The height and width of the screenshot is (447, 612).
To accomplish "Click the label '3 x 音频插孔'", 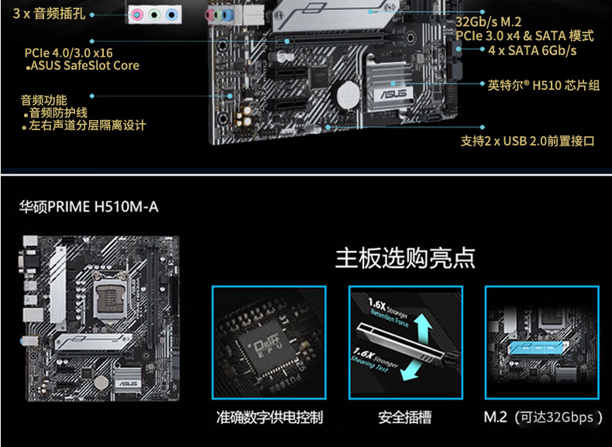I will point(48,15).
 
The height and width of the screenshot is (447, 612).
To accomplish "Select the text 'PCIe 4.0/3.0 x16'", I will point(68,53).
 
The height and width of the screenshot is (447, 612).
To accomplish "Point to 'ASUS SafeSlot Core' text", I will point(84,66).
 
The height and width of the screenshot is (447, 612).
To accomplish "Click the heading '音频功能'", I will point(43,100).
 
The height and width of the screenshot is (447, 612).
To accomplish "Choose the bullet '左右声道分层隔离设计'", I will point(87,126).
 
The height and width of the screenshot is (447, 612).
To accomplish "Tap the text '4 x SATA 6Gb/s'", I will point(532,50).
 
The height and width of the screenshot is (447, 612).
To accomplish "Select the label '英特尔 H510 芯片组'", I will point(544,85).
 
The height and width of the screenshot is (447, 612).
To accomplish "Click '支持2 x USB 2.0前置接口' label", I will point(528,141).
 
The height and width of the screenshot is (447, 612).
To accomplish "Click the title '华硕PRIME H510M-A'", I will point(88,207).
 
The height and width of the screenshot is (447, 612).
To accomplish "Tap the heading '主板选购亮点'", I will point(404,258).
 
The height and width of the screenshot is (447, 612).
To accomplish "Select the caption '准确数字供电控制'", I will point(269,418).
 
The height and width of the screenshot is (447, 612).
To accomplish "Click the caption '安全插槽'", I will point(404,418).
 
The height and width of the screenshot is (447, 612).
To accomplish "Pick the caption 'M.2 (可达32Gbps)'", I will point(543,418).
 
